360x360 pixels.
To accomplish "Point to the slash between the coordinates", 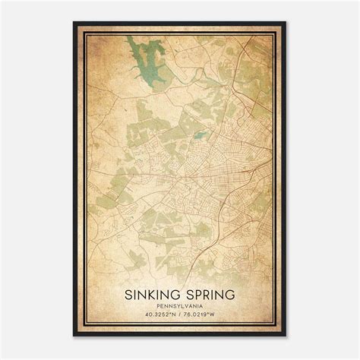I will [180, 315].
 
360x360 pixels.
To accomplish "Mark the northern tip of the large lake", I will [137, 38].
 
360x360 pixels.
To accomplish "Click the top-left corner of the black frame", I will [74, 22].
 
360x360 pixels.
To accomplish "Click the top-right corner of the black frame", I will [286, 22].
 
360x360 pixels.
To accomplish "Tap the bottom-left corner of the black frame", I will [74, 336].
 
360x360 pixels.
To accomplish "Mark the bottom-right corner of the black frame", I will [286, 336].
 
